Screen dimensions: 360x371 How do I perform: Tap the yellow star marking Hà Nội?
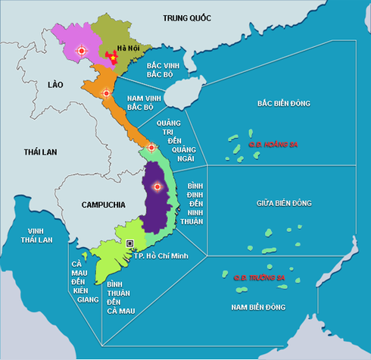(114, 57)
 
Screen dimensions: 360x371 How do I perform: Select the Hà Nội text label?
(139, 49)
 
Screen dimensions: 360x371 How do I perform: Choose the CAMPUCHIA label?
(99, 205)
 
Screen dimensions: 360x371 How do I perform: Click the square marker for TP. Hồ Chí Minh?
(130, 243)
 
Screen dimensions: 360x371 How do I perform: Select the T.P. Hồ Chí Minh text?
(159, 255)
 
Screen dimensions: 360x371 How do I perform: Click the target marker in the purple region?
(157, 186)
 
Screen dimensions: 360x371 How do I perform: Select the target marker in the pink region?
(83, 51)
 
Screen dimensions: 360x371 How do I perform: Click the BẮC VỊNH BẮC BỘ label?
(167, 70)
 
